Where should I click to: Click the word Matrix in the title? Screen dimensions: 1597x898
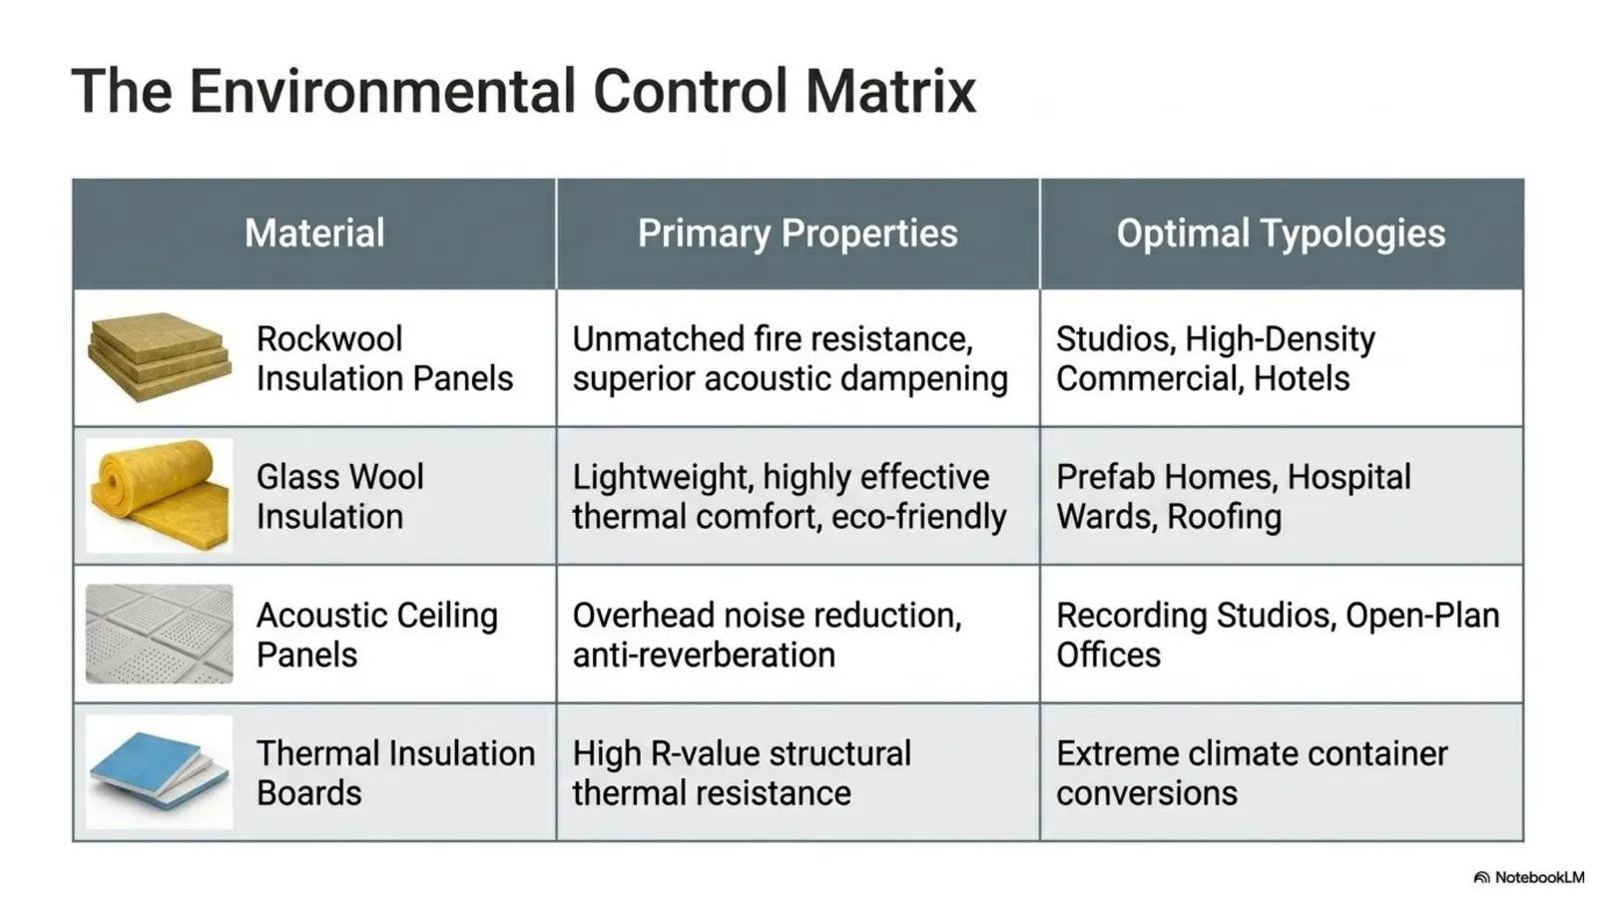click(890, 91)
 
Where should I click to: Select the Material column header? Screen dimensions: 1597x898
click(314, 233)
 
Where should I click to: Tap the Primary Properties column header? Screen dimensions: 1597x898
click(798, 233)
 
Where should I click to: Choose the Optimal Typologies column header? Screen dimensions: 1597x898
click(1282, 233)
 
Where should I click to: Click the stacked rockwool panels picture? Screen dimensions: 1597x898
click(159, 356)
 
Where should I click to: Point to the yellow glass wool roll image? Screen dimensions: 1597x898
click(159, 496)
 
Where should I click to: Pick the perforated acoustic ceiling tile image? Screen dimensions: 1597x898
click(159, 634)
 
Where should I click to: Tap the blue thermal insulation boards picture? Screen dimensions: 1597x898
click(159, 771)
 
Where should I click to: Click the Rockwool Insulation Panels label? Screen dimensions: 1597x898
click(384, 358)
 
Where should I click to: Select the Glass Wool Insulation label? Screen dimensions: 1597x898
click(340, 497)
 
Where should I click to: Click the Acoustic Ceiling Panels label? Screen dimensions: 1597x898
click(376, 635)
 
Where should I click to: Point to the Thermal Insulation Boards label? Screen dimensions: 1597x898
click(395, 773)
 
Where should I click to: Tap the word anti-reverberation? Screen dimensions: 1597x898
click(704, 655)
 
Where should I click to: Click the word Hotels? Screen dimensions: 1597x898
click(1302, 378)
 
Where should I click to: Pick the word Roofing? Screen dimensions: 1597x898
click(1225, 517)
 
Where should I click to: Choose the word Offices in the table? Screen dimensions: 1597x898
click(1108, 655)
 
